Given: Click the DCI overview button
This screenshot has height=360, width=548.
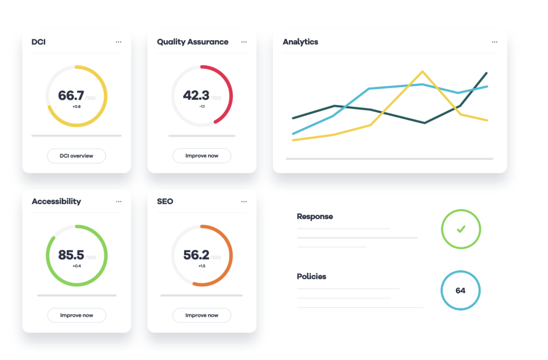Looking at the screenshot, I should coord(76,156).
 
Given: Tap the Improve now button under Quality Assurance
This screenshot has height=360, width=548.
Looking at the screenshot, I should coord(202,156).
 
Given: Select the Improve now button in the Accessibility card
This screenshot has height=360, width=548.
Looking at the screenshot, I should coord(76,315).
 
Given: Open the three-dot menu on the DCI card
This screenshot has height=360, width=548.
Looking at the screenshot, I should coord(119,42).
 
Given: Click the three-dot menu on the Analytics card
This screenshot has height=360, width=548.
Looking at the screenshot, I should coord(494,42).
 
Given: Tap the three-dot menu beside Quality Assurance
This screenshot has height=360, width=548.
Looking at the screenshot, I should coord(244,42).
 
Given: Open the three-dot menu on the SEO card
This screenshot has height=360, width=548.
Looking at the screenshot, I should coord(244,202).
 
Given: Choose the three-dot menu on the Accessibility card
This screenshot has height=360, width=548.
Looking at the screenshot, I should coord(119,202).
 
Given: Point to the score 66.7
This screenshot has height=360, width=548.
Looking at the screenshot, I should coord(71,96).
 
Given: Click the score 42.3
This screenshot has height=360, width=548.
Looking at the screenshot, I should coord(196,96).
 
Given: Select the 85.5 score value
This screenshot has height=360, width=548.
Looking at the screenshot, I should coord(71,255).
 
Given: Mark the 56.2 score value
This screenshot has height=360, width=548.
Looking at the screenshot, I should coord(196,255).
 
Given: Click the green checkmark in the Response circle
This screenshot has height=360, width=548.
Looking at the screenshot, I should coord(461,229).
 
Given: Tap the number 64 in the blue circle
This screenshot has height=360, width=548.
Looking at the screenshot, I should coord(460,291).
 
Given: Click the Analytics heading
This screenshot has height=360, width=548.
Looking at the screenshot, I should coord(300,42).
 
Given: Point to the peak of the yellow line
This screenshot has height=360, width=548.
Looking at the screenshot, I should coord(423,72).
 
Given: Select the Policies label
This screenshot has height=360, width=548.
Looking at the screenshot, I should coord(312,276).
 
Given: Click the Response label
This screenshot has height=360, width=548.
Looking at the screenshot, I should coord(315,216).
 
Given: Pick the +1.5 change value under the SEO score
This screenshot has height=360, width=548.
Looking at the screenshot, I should coord(202,266).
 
